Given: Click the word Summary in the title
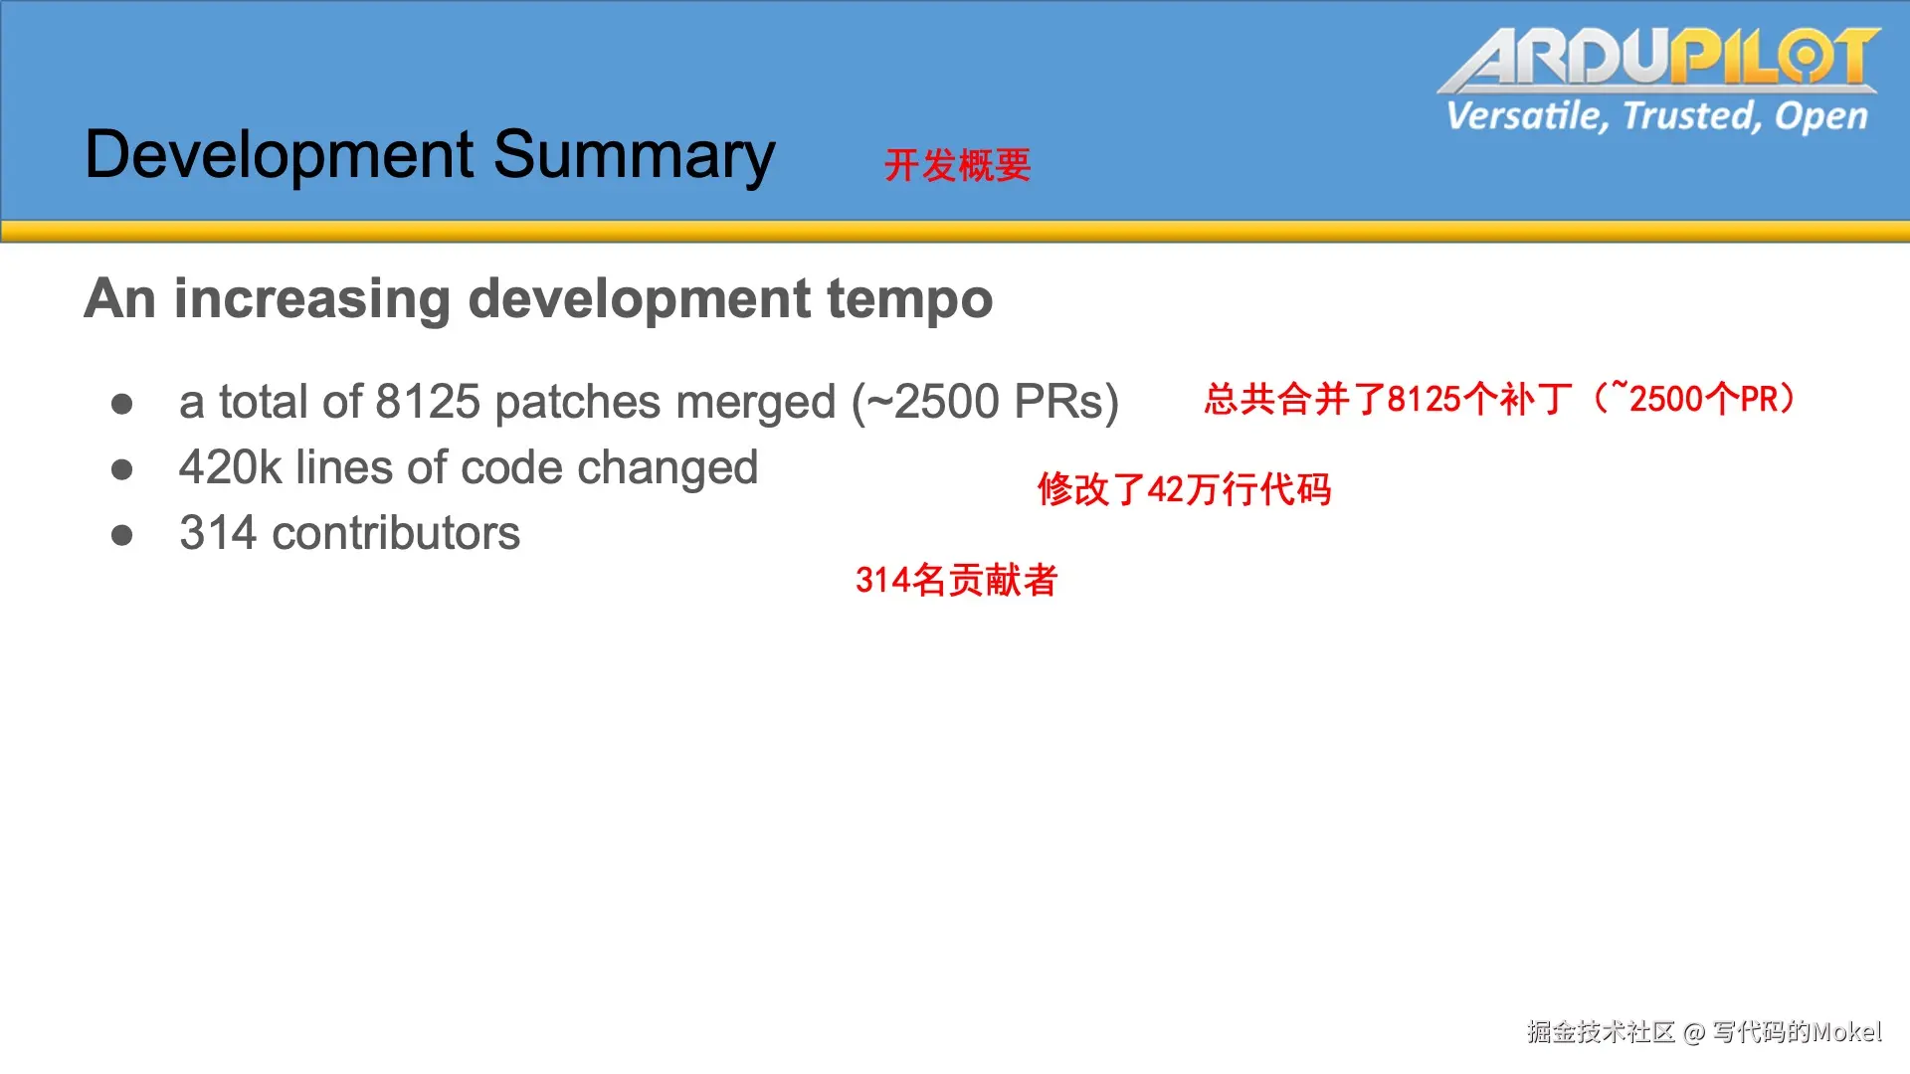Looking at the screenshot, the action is tap(634, 155).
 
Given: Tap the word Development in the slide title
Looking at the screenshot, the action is tap(280, 155).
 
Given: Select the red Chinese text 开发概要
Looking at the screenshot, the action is tap(957, 165).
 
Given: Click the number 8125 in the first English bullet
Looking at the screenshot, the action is tap(428, 402).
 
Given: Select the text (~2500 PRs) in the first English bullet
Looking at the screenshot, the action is tap(985, 403).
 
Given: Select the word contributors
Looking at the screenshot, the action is tap(396, 533).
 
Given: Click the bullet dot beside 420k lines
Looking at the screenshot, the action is tap(122, 469).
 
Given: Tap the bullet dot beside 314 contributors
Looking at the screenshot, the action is tap(122, 536).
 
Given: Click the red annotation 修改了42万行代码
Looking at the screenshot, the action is tap(1184, 489).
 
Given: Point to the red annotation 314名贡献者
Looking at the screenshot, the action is tap(956, 580).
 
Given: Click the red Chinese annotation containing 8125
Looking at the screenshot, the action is tap(1500, 399).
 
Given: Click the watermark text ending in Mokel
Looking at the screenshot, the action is tap(1704, 1032).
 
